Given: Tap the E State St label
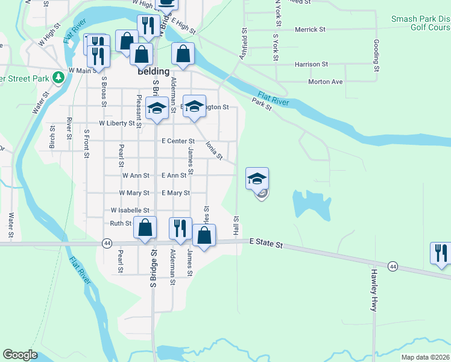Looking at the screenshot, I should click(266, 243).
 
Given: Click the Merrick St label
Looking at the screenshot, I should click(310, 29).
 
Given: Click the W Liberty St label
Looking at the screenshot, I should click(117, 123).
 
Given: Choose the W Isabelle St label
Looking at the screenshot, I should click(130, 210).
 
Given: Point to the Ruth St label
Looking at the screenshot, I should click(120, 223).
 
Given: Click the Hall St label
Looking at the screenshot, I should click(236, 227).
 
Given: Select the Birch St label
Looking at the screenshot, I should click(52, 137).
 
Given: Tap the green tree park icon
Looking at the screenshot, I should click(58, 77).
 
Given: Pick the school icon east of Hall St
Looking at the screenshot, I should click(257, 178).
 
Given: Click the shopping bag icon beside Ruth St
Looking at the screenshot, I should click(145, 227).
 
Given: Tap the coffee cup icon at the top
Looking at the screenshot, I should click(166, 4).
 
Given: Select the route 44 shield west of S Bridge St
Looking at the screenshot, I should click(107, 243).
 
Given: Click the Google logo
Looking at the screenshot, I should click(20, 355).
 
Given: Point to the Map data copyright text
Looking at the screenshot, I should click(425, 357).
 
